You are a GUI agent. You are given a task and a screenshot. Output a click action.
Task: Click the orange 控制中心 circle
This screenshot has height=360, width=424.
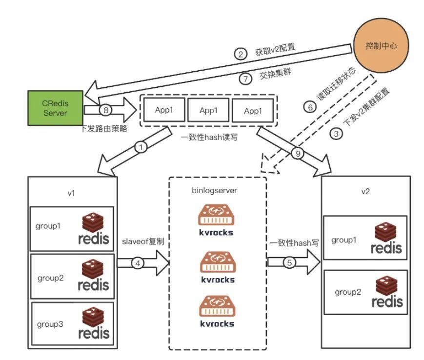click(x=380, y=46)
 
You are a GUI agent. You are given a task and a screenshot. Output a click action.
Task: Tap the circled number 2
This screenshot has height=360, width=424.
click(x=240, y=54)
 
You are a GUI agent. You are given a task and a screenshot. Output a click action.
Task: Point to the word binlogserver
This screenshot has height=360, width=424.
click(x=218, y=191)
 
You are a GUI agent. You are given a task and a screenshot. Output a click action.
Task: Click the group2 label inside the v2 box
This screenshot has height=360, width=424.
click(x=347, y=292)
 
